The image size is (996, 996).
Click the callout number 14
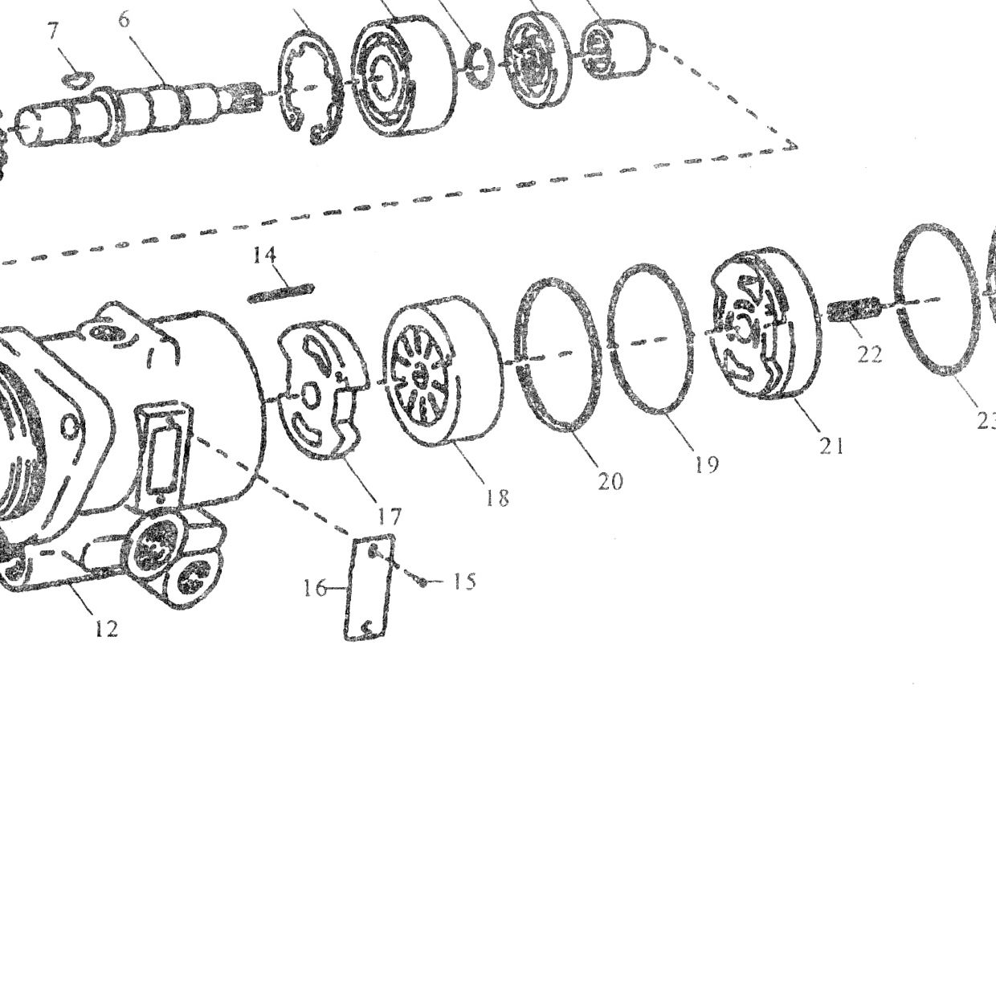(x=264, y=255)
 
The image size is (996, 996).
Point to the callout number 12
(x=107, y=628)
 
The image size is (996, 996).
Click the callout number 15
(x=464, y=582)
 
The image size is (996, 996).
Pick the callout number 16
(x=314, y=588)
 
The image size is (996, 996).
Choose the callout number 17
(x=390, y=516)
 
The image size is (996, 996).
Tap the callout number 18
(x=497, y=497)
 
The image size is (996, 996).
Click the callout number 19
(x=707, y=465)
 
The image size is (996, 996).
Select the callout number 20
(x=610, y=482)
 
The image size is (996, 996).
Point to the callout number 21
(x=831, y=446)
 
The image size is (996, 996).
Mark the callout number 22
(x=869, y=354)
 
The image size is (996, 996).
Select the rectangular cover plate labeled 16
(x=369, y=588)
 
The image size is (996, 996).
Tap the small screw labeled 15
(x=423, y=582)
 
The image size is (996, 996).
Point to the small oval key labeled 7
(x=78, y=79)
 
